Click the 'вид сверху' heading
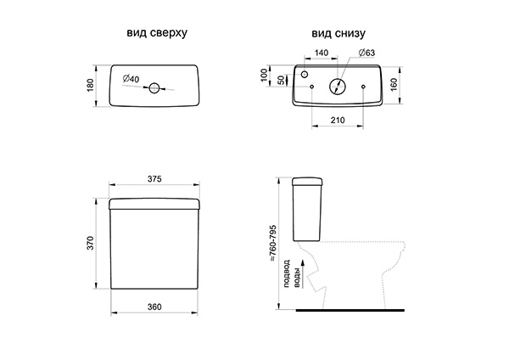tap(157, 33)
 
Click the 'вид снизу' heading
tap(338, 33)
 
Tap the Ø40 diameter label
tap(131, 79)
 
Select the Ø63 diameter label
tap(366, 53)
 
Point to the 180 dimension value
tap(90, 85)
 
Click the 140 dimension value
tap(322, 53)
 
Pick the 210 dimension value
tap(338, 121)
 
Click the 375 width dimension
tap(154, 179)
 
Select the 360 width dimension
tap(154, 307)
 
